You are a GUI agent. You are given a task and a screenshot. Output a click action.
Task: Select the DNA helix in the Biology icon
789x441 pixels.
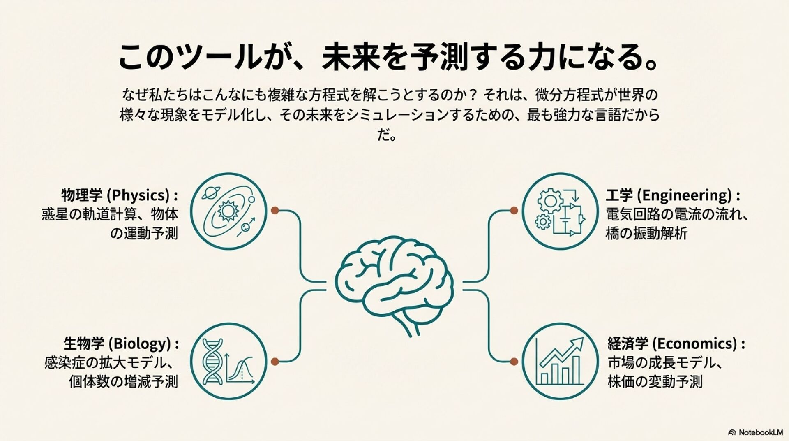(213, 361)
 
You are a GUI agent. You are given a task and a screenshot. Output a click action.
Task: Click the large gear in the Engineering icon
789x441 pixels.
(550, 202)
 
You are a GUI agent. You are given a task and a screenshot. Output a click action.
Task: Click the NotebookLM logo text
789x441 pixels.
(761, 432)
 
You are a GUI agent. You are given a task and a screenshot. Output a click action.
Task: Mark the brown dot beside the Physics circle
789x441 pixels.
(275, 211)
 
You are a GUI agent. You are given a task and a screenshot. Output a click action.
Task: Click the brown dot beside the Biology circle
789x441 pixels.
(275, 362)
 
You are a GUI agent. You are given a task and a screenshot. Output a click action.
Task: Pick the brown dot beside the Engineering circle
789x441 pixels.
(514, 211)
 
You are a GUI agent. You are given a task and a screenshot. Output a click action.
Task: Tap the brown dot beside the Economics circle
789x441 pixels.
(514, 362)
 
